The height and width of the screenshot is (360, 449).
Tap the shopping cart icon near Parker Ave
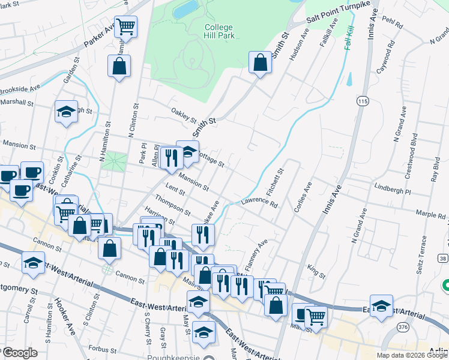(126, 26)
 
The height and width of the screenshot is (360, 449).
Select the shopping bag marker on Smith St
(259, 62)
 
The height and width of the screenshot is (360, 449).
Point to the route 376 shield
(403, 327)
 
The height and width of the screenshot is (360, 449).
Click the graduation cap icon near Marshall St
(66, 112)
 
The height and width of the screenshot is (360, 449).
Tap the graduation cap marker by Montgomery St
(33, 262)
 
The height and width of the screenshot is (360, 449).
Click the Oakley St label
(184, 113)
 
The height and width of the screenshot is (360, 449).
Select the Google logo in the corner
(20, 353)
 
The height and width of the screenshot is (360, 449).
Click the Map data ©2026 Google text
(412, 355)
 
